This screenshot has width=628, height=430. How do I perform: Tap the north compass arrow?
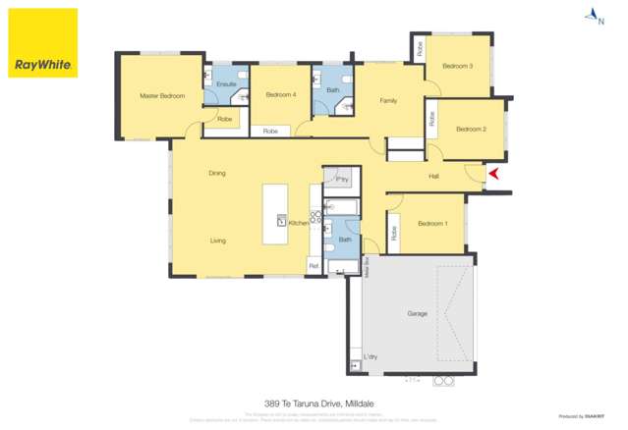click(593, 14)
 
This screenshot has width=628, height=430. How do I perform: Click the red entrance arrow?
click(494, 175)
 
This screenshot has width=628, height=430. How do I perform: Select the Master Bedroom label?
click(162, 95)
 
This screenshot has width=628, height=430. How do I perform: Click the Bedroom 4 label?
click(281, 94)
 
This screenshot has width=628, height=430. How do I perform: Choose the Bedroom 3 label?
click(457, 66)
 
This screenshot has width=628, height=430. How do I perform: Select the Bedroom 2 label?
click(471, 129)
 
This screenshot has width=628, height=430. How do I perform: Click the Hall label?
click(433, 177)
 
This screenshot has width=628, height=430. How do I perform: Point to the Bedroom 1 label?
click(432, 224)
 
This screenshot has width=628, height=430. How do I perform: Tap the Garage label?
click(418, 313)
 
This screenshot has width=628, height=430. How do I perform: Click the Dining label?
click(216, 173)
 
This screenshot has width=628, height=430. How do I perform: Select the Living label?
click(218, 240)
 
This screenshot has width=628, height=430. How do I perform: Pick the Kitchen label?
click(299, 223)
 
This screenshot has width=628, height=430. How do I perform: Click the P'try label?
click(343, 180)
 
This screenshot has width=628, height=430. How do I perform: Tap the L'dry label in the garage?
click(371, 355)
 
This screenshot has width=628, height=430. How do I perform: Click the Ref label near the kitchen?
click(314, 265)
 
